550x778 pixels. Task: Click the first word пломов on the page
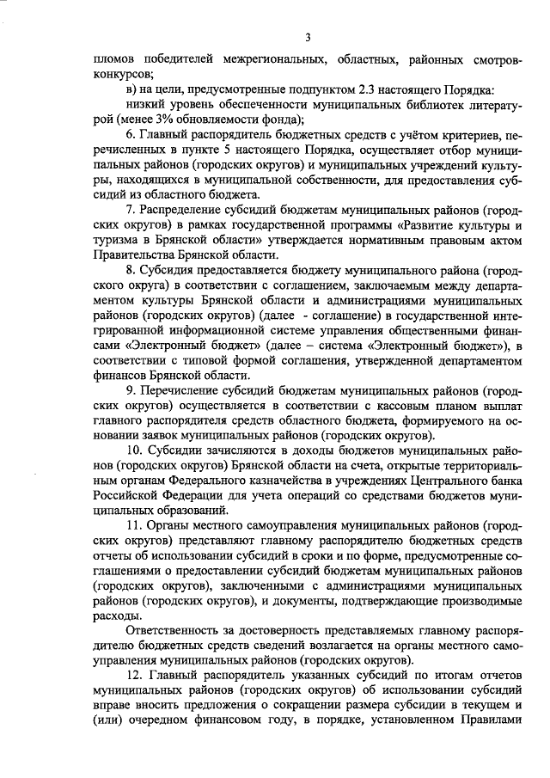click(113, 60)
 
